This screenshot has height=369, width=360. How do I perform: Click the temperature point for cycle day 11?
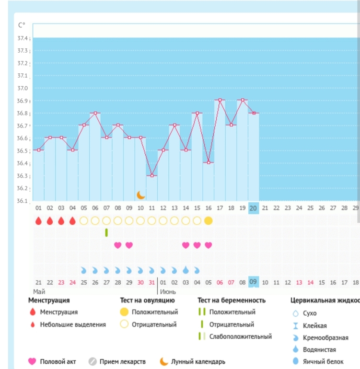(152, 175)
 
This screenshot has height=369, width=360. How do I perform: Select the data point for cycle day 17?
(220, 100)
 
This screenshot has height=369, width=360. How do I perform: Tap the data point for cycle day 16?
(209, 162)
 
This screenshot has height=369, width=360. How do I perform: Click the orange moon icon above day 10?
(141, 195)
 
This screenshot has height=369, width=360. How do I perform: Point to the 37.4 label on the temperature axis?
(23, 38)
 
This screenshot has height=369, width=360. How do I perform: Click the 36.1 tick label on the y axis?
(23, 201)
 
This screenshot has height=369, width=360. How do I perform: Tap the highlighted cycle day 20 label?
(254, 208)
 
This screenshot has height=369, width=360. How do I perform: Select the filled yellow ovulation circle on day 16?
(209, 221)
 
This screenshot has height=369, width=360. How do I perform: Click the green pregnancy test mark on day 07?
(106, 232)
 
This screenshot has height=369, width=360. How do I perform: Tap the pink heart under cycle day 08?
(118, 245)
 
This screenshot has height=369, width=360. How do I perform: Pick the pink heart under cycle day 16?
(209, 245)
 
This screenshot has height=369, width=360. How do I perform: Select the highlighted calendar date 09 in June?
(254, 282)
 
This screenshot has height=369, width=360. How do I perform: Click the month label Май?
(39, 291)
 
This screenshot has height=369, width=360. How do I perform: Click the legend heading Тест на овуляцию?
(147, 300)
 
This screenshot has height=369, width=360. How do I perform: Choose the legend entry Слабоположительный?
(240, 336)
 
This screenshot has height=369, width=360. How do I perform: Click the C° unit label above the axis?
(22, 25)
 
